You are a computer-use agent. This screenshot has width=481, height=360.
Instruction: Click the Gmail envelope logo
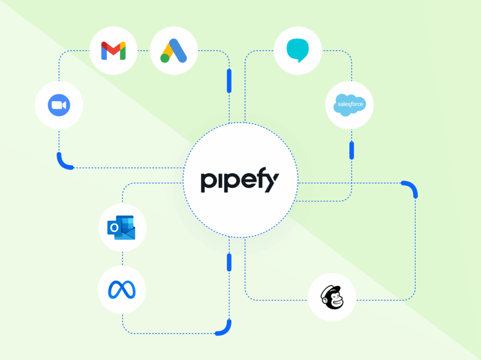point(113,51)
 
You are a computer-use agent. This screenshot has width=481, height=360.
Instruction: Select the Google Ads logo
point(174,51)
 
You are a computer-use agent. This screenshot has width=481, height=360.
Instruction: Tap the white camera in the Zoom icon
point(59,105)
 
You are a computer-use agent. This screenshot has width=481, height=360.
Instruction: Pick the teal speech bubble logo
point(297,50)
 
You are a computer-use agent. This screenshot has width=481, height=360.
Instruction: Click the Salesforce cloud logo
point(349,105)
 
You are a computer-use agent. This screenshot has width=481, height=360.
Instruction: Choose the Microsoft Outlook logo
point(121,227)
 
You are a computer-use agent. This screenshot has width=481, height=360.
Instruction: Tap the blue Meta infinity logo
point(122,290)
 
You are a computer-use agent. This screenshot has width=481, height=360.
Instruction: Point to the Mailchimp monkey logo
point(332,297)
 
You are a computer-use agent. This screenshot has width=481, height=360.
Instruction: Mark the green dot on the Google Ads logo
point(165,58)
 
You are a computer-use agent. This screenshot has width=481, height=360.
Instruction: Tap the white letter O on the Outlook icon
point(114,228)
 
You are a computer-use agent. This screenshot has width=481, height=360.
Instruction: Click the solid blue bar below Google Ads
point(229,81)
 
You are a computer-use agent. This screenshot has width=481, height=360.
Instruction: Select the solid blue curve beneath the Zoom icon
point(63,163)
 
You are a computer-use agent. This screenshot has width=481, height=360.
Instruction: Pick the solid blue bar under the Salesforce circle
point(351,150)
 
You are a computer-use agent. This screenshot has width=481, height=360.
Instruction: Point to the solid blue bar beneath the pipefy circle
point(229,262)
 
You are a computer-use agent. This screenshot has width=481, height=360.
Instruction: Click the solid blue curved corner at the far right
point(412,187)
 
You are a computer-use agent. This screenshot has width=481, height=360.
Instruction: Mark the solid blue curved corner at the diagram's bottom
point(226,330)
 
